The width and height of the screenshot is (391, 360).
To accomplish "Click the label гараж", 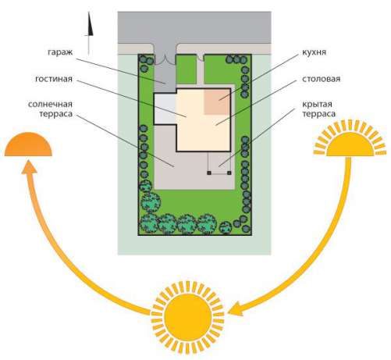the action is tap(60, 52).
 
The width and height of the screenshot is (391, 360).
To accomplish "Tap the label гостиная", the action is tap(54, 79).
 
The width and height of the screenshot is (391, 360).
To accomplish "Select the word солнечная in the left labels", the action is tap(50, 105).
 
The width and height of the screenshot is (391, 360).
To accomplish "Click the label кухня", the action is tap(314, 52).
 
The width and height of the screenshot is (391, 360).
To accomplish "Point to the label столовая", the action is tap(322, 79).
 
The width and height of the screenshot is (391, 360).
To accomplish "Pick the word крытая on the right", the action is tap(317, 105).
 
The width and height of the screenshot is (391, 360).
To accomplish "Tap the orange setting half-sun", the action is tap(28, 144).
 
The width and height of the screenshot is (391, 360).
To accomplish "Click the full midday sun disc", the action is tap(187, 318).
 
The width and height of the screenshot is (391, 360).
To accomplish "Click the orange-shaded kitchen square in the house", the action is tap(217, 102).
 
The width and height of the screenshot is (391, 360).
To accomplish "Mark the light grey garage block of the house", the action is tap(165, 109).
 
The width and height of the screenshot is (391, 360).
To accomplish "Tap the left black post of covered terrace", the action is tap(209, 173).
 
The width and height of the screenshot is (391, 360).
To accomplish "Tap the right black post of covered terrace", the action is tap(229, 173).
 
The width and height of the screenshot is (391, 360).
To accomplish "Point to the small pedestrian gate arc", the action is tap(200, 58).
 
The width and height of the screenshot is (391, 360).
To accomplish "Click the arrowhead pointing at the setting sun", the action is tap(29, 167).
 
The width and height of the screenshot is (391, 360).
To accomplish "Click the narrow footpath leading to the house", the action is tap(200, 73).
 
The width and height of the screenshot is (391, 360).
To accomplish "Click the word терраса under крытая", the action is tap(318, 114).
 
